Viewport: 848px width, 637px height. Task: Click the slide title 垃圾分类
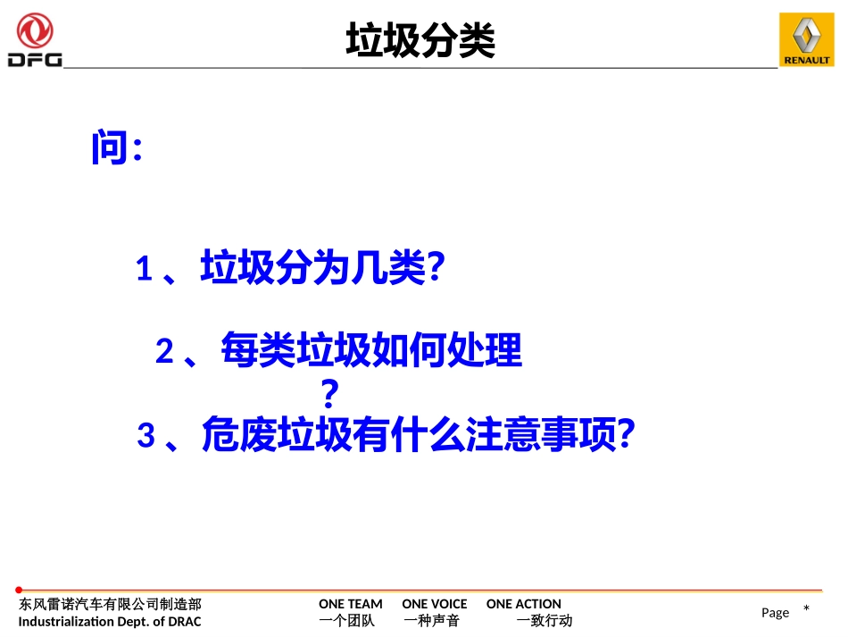(x=420, y=41)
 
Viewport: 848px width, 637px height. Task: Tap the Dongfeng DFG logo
(x=35, y=40)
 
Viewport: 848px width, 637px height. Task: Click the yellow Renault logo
(x=806, y=40)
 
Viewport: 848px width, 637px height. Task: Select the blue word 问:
(x=116, y=148)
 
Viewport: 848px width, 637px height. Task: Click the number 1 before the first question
(x=144, y=269)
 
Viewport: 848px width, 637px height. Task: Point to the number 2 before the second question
(x=164, y=352)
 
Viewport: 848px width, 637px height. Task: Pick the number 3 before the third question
(x=146, y=436)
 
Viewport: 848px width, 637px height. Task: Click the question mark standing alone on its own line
(x=329, y=393)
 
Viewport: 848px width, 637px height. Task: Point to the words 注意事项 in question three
(x=542, y=435)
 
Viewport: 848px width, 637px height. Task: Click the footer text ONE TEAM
(x=350, y=604)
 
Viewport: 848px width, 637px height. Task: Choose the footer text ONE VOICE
(x=434, y=604)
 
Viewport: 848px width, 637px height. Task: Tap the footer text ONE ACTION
(x=523, y=604)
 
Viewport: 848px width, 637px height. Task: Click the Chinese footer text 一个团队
(x=346, y=621)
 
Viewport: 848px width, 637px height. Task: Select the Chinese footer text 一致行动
(x=544, y=621)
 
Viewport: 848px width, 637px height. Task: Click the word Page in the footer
(x=775, y=612)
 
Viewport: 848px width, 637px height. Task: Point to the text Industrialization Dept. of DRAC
(x=110, y=621)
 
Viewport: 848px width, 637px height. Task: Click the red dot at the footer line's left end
(x=19, y=590)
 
